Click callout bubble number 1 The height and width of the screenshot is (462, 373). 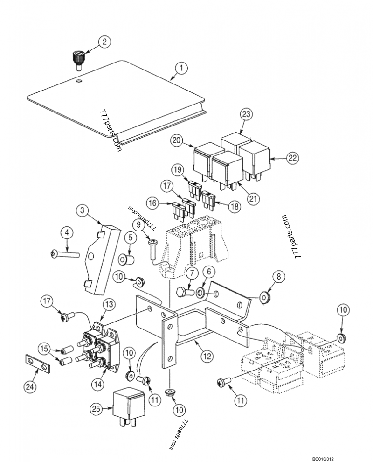pos(181,68)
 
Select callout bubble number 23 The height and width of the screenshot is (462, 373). pos(246,114)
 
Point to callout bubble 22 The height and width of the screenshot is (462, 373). pos(292,158)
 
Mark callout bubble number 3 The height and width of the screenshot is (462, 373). pos(82,210)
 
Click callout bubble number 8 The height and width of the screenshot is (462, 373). pos(278,277)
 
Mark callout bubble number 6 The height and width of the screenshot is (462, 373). pos(208,271)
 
